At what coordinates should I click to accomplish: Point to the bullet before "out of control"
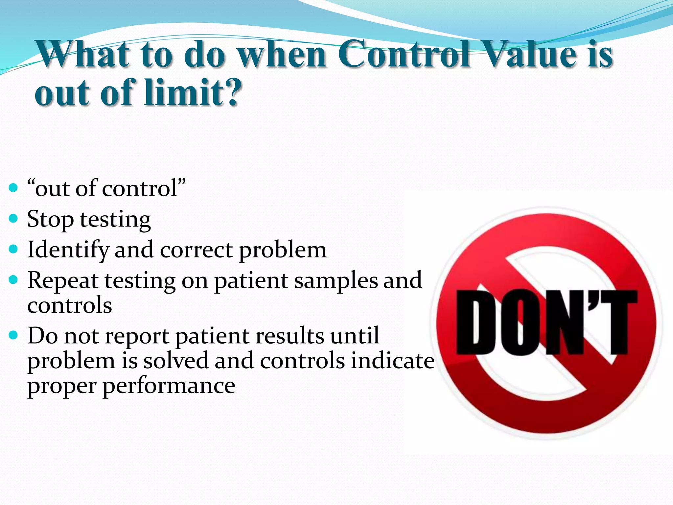tap(13, 188)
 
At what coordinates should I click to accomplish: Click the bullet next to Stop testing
tap(13, 218)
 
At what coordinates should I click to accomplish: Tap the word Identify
tap(68, 250)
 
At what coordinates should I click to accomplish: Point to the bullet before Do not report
tap(13, 336)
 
